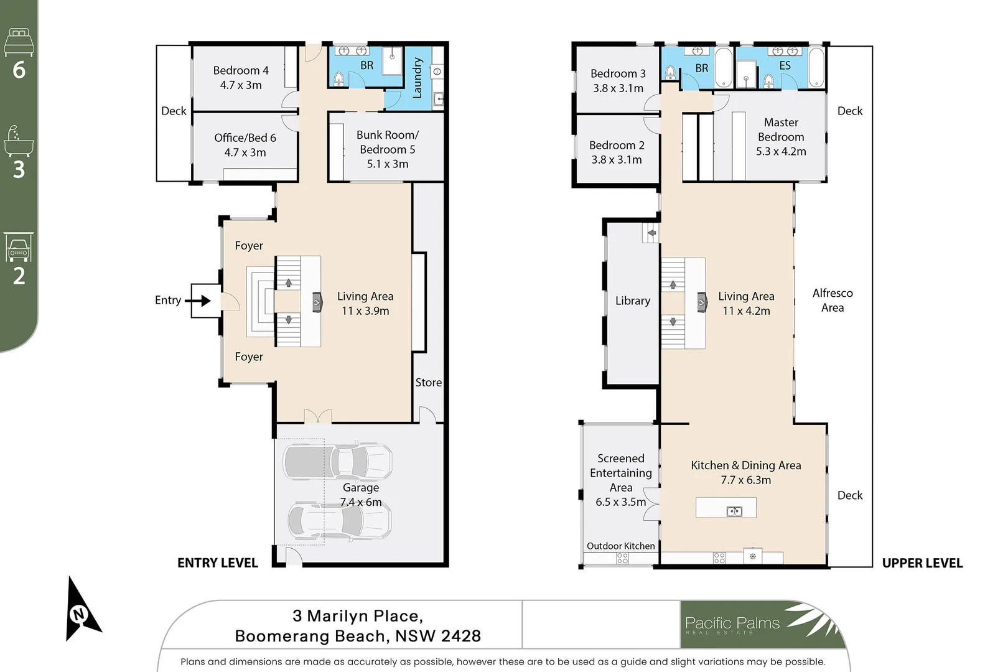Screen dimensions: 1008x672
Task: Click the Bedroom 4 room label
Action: pyautogui.click(x=241, y=77)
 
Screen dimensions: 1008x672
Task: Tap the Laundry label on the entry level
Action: pyautogui.click(x=417, y=77)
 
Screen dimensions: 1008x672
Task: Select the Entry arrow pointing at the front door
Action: pyautogui.click(x=198, y=300)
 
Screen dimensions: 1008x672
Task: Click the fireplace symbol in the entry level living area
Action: pyautogui.click(x=317, y=302)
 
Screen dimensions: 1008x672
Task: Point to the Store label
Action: pyautogui.click(x=428, y=382)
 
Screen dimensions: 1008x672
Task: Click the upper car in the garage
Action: pyautogui.click(x=337, y=461)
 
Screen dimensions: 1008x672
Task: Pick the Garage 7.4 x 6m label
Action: pyautogui.click(x=361, y=495)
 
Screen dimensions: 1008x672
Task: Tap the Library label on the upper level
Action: pyautogui.click(x=633, y=301)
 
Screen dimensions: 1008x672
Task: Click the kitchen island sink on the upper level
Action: pyautogui.click(x=734, y=511)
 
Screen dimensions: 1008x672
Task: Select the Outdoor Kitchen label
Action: pyautogui.click(x=620, y=546)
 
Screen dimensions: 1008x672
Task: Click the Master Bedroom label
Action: pyautogui.click(x=782, y=137)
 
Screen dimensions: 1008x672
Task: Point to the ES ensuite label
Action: pyautogui.click(x=785, y=66)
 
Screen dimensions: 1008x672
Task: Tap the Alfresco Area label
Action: pyautogui.click(x=833, y=300)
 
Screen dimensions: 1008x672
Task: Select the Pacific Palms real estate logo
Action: pyautogui.click(x=762, y=624)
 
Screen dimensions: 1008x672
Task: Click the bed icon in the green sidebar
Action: pyautogui.click(x=19, y=42)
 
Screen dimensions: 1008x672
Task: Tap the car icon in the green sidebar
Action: pyautogui.click(x=19, y=247)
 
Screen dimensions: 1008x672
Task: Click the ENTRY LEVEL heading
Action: pyautogui.click(x=217, y=562)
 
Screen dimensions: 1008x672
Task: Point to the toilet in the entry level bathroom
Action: pyautogui.click(x=339, y=79)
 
